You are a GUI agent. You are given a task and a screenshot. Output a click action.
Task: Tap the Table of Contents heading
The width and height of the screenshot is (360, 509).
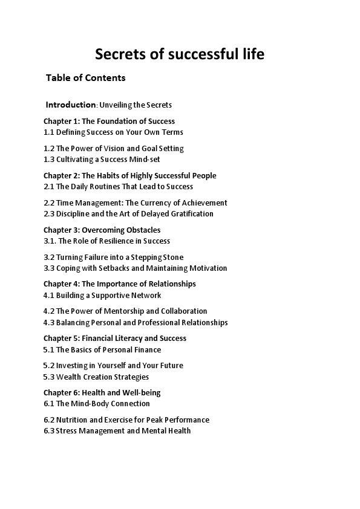[x=86, y=78]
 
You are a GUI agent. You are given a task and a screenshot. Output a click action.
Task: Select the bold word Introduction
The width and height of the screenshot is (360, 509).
[x=71, y=105]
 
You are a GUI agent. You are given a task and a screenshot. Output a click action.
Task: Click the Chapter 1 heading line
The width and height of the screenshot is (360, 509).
[x=109, y=121]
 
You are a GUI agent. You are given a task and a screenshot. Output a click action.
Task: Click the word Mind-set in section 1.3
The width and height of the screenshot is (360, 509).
[x=144, y=160]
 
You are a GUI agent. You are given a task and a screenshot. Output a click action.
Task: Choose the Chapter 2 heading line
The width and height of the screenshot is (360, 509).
[x=129, y=175]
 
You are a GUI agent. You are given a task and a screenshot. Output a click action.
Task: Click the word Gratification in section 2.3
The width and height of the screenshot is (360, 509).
[x=190, y=214]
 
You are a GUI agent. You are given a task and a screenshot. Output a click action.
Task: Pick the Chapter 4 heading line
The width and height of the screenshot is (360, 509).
[x=119, y=284]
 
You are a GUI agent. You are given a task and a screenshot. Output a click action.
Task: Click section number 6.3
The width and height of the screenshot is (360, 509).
[x=49, y=431]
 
